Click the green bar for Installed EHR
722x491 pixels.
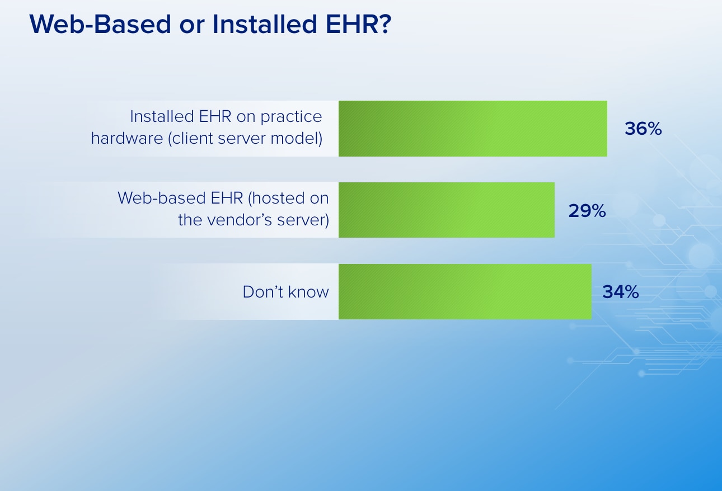473,129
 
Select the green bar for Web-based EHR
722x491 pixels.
447,210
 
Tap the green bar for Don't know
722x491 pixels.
465,292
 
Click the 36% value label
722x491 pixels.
643,129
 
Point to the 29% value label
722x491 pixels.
587,211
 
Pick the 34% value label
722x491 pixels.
621,292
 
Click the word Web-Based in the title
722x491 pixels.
100,24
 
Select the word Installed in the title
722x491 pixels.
265,24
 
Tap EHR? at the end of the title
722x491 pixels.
358,24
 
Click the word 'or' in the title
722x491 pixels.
192,26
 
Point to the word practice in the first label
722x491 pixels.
291,117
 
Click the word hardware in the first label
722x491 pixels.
127,139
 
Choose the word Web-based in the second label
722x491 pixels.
162,198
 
